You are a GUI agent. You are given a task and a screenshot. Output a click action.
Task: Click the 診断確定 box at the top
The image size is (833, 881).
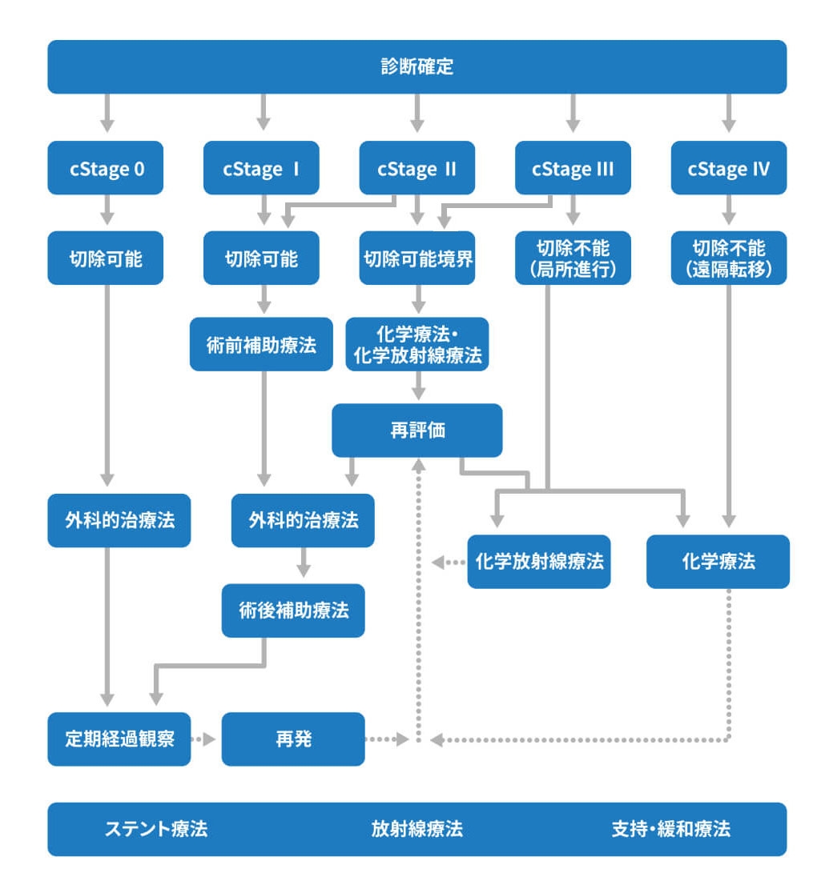tap(416, 66)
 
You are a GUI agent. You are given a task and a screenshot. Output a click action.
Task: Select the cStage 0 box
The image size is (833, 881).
tap(106, 168)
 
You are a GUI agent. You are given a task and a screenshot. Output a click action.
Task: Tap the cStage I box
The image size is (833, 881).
tap(261, 168)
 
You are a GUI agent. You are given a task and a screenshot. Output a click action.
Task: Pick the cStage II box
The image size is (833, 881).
tap(416, 168)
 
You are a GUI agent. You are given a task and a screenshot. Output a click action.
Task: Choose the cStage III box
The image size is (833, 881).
tap(573, 168)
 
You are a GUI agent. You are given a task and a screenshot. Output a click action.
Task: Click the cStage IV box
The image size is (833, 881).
tap(728, 168)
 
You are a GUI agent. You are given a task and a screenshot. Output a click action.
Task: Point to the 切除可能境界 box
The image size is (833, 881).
tap(416, 258)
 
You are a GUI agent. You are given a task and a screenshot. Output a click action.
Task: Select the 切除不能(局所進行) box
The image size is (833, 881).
tap(573, 258)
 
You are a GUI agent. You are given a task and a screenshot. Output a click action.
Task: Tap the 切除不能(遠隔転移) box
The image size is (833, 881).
tap(728, 258)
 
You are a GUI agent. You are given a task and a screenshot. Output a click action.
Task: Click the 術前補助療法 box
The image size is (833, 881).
tap(261, 344)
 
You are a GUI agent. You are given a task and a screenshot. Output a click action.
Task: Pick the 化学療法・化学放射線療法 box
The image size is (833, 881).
tap(416, 344)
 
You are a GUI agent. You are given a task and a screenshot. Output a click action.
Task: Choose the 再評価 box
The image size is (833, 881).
tap(416, 430)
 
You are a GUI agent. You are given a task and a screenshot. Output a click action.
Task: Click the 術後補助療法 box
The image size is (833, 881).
tap(293, 611)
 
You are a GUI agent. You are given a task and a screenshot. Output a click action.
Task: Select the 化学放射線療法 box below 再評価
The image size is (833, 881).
tap(538, 562)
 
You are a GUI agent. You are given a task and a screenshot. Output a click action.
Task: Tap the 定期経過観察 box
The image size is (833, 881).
tap(119, 739)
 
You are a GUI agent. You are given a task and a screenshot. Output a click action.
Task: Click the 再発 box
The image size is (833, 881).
tap(292, 739)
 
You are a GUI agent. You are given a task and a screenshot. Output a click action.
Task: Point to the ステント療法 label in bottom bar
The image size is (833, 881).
tap(156, 829)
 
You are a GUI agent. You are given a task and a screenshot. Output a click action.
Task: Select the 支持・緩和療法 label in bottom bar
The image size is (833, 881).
tap(670, 829)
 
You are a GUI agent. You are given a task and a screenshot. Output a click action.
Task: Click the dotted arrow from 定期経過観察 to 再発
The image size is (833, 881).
tap(205, 739)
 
